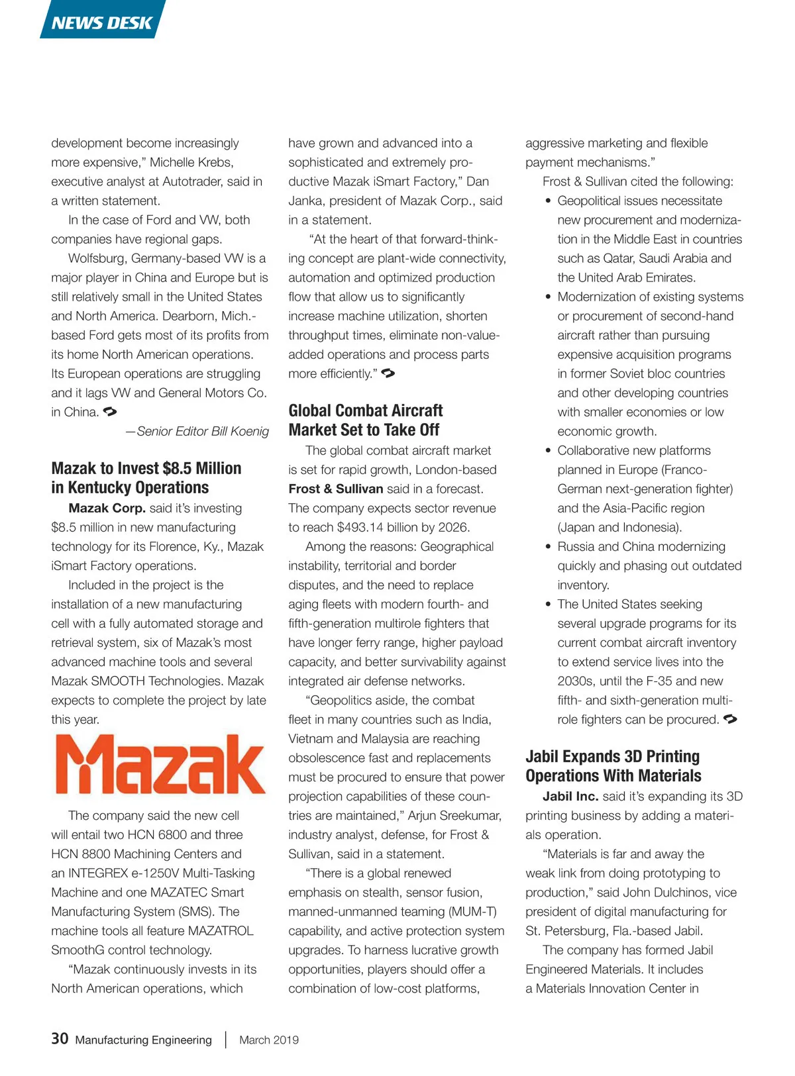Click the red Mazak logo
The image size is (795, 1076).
pyautogui.click(x=159, y=765)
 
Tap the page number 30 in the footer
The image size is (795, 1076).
pyautogui.click(x=60, y=1038)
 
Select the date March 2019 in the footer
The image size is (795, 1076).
pyautogui.click(x=269, y=1040)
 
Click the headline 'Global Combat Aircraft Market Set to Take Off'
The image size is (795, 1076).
pyautogui.click(x=365, y=420)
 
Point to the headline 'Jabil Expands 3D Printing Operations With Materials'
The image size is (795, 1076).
pyautogui.click(x=613, y=766)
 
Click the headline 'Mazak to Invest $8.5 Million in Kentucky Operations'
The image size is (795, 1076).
pyautogui.click(x=146, y=477)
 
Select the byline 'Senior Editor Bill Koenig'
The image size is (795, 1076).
pyautogui.click(x=202, y=431)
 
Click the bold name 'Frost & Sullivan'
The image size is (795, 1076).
pyautogui.click(x=336, y=489)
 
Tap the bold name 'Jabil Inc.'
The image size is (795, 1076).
pyautogui.click(x=570, y=796)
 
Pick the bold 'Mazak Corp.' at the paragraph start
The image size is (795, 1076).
pyautogui.click(x=107, y=508)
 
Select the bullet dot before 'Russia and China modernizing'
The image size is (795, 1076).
pyautogui.click(x=548, y=547)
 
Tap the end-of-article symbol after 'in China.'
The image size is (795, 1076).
pyautogui.click(x=111, y=412)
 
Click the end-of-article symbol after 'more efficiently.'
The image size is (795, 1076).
pyautogui.click(x=389, y=373)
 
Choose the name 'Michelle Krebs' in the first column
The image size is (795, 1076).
pyautogui.click(x=191, y=162)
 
